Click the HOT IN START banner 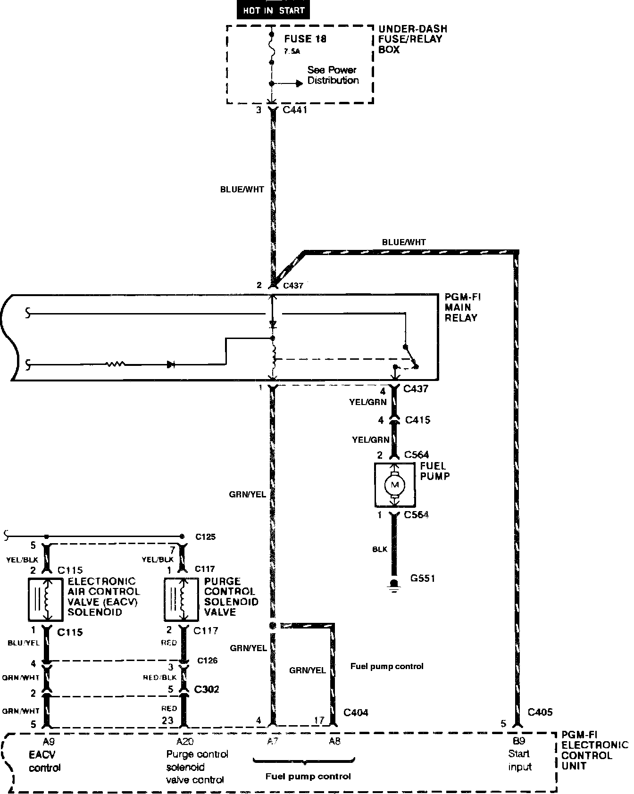[x=273, y=10]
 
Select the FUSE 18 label [x=305, y=39]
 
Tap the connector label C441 [x=294, y=111]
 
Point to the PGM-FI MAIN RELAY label [x=463, y=307]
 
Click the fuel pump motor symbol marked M [x=395, y=484]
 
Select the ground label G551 [x=422, y=578]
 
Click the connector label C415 [x=417, y=420]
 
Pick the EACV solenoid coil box [x=46, y=599]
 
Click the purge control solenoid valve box [x=182, y=599]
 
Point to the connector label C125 [x=206, y=537]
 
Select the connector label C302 [x=207, y=689]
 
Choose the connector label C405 [x=540, y=712]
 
